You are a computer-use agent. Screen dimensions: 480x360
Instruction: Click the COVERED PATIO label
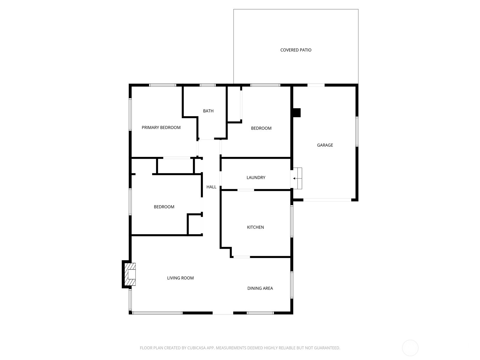click(296, 50)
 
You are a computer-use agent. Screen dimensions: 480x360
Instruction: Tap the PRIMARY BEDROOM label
click(161, 127)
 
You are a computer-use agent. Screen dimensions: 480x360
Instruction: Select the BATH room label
click(208, 111)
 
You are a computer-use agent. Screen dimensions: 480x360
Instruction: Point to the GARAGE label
click(325, 145)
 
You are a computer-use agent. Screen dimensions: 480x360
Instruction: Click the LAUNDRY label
click(256, 178)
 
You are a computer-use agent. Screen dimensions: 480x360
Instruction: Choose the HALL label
click(211, 187)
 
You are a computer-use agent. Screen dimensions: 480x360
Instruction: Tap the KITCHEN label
click(255, 227)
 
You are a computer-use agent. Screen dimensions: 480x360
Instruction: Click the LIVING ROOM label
click(180, 278)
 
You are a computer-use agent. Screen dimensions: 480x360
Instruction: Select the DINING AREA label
click(260, 288)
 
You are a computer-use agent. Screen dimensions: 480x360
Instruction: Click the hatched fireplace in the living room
click(130, 274)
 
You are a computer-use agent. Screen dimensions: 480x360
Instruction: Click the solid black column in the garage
click(297, 113)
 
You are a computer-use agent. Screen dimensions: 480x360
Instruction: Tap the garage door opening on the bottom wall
click(327, 200)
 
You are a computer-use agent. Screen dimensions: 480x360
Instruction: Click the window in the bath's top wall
click(208, 85)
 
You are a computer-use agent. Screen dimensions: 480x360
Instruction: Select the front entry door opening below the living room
click(223, 313)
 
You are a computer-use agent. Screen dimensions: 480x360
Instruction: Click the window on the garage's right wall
click(357, 132)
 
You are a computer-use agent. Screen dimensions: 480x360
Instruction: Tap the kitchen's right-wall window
click(292, 221)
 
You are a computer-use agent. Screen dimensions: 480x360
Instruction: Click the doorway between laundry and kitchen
click(246, 190)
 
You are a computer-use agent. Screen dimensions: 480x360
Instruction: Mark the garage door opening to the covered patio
click(316, 85)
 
